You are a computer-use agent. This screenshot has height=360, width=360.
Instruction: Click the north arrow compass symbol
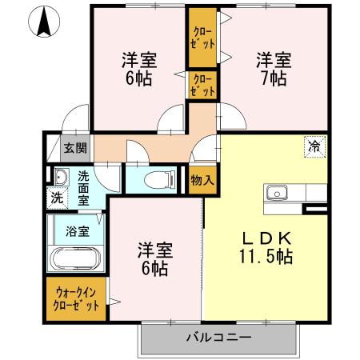point(46,20)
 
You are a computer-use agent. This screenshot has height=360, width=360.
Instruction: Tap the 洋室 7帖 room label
point(273,69)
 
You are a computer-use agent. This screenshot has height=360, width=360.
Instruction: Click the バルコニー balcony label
point(219,338)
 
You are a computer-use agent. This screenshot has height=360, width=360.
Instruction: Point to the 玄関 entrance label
point(75,148)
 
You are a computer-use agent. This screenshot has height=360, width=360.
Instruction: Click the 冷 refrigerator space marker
point(315,146)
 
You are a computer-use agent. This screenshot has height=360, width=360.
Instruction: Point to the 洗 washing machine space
point(58,197)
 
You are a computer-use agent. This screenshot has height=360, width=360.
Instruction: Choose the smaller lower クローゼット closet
point(202,86)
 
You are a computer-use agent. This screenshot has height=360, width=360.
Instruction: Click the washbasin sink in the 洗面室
point(61,178)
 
